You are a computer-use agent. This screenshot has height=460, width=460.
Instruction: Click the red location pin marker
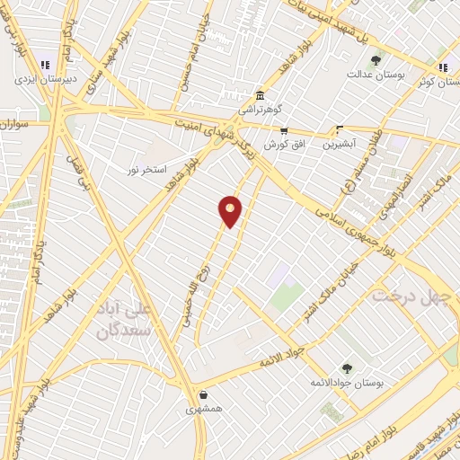(231, 210)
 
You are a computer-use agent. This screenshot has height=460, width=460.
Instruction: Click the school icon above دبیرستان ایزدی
(45, 65)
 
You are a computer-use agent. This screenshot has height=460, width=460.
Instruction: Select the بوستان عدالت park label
(373, 74)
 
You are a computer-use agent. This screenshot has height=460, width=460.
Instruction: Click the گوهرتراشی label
(260, 109)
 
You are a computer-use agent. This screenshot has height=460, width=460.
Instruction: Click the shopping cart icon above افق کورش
(284, 131)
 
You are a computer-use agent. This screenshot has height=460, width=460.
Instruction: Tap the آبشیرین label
(340, 143)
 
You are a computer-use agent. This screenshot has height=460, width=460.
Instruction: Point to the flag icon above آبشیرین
(339, 129)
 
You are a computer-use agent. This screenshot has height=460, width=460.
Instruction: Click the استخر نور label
(146, 169)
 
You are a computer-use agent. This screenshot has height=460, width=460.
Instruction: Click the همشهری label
(203, 407)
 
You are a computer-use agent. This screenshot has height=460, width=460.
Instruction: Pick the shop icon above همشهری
(203, 394)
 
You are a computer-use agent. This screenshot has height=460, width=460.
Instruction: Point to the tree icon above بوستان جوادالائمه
(347, 368)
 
